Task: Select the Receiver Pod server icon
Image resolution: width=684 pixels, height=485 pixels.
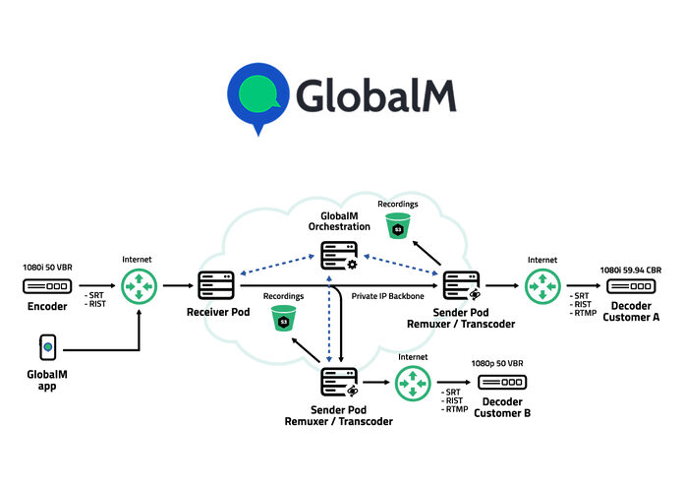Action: tap(214, 286)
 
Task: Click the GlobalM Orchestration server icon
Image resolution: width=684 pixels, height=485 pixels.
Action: tap(340, 255)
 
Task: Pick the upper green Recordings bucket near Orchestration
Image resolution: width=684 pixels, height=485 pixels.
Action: tap(398, 225)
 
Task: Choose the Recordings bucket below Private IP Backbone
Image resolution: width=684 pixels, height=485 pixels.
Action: tap(284, 318)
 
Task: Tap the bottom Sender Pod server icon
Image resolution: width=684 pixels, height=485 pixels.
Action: tap(339, 382)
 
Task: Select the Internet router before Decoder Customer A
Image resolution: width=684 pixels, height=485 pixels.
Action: tap(542, 286)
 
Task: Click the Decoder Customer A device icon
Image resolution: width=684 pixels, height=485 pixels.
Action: tap(631, 286)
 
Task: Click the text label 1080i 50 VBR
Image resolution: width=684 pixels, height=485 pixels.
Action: tap(47, 267)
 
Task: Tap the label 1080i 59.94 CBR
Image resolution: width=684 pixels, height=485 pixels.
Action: tap(631, 268)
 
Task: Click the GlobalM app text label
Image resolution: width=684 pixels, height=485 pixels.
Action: tap(47, 381)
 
